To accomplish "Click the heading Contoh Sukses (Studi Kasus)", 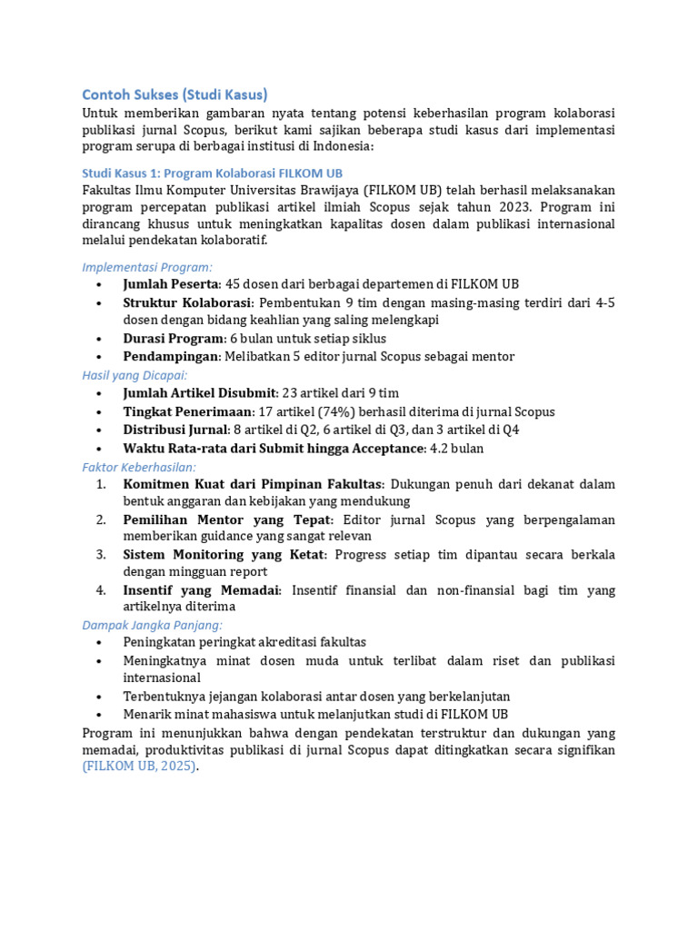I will (x=174, y=94).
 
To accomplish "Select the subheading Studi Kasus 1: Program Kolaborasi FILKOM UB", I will (x=213, y=173).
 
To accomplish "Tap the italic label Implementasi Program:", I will (x=147, y=267).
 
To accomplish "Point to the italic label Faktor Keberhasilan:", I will (x=139, y=466).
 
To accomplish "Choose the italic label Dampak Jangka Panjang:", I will (x=152, y=625).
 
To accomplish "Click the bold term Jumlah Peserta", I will (x=172, y=284).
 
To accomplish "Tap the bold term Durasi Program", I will (x=174, y=339).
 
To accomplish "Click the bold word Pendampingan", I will (x=171, y=357).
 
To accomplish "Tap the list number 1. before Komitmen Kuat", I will (x=102, y=484).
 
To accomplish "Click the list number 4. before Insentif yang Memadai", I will (x=102, y=590).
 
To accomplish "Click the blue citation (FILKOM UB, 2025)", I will (x=140, y=767).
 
